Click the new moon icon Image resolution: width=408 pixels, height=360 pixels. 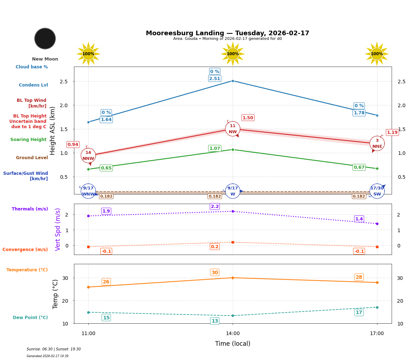tap(45, 38)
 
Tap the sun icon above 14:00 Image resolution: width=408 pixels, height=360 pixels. tap(233, 54)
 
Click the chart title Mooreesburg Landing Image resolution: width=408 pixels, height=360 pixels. tap(227, 33)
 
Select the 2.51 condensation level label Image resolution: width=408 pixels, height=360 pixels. tap(214, 79)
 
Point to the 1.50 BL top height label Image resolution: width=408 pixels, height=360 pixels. tap(248, 118)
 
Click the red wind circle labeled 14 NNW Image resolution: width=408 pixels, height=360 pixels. tap(88, 156)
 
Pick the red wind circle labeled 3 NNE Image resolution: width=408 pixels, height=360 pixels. tap(377, 144)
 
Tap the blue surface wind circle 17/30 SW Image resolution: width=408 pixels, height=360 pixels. tap(377, 191)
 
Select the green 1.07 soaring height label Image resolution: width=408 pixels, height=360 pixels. tap(214, 148)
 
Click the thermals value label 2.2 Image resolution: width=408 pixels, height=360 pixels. tap(215, 207)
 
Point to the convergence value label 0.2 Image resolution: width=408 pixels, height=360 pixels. tap(215, 247)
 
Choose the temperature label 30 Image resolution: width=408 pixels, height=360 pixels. tap(215, 273)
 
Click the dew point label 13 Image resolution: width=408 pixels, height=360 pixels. tap(215, 321)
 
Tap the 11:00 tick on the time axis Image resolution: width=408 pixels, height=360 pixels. tap(88, 334)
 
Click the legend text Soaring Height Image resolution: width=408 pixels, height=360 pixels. tap(28, 140)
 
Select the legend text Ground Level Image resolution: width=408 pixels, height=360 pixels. tap(32, 158)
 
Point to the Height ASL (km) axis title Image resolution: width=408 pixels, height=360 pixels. tap(53, 131)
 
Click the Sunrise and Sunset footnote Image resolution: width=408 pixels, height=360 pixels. tap(54, 349)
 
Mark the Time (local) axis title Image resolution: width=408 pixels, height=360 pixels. tap(233, 344)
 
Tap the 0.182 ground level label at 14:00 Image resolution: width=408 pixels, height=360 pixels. tap(214, 197)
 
